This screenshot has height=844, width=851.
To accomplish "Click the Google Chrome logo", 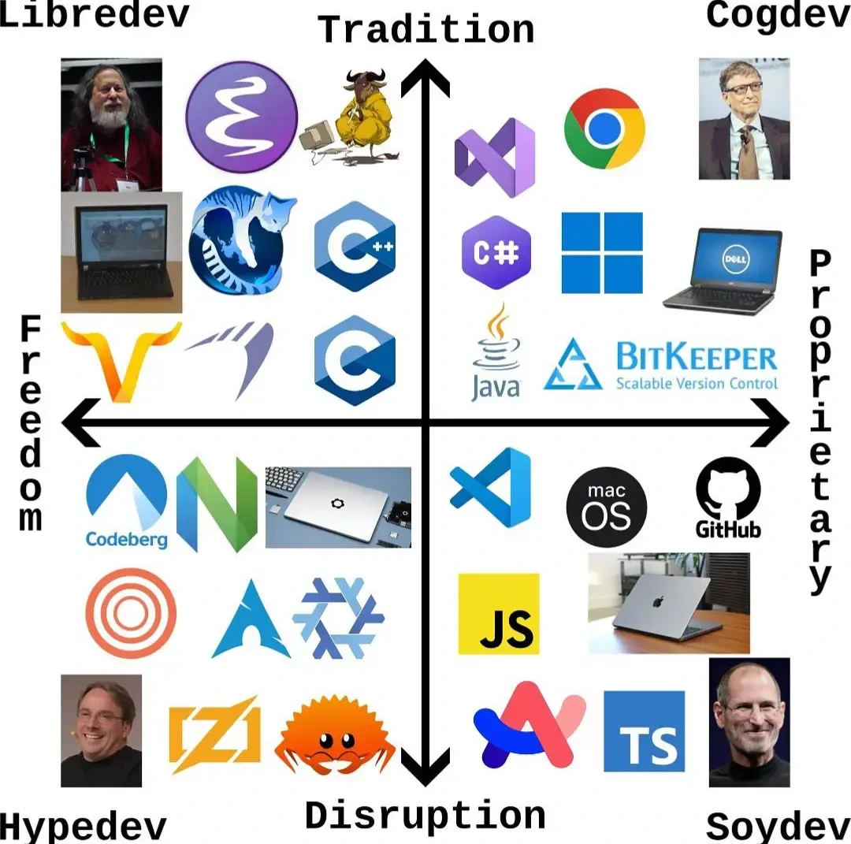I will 604,128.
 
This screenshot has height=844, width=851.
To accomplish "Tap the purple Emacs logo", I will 242,117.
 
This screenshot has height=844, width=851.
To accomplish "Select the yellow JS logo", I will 499,613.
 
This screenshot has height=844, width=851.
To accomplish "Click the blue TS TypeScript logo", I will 644,731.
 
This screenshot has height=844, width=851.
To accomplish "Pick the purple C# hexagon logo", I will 496,252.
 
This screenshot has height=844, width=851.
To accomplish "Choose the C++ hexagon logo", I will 355,246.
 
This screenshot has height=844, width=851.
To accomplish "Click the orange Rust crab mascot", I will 335,737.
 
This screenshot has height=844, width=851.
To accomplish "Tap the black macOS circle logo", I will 607,507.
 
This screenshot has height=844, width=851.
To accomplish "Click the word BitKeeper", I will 696,359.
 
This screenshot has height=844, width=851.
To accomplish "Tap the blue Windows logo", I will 602,252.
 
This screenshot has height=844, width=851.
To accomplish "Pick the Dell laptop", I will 723,270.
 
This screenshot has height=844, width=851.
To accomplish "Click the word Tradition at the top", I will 426,30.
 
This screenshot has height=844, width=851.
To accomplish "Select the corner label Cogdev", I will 778,14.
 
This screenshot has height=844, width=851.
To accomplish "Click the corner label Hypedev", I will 83,827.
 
